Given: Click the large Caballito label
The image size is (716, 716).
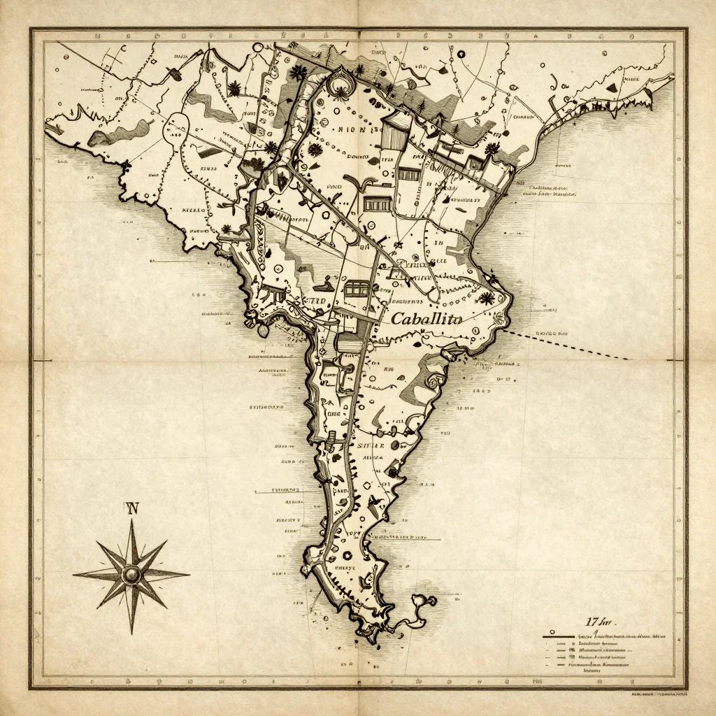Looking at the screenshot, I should [427, 320].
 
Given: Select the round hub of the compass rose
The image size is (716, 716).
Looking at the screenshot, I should [131, 574].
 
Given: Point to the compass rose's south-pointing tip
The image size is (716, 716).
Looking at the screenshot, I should [131, 633].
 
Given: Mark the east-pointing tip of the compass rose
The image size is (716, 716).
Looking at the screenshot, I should [189, 574].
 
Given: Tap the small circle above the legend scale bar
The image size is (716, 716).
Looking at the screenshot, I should [594, 631].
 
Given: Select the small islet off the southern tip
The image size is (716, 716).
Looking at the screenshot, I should [424, 601].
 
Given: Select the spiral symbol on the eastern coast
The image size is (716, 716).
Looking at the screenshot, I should [433, 380].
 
